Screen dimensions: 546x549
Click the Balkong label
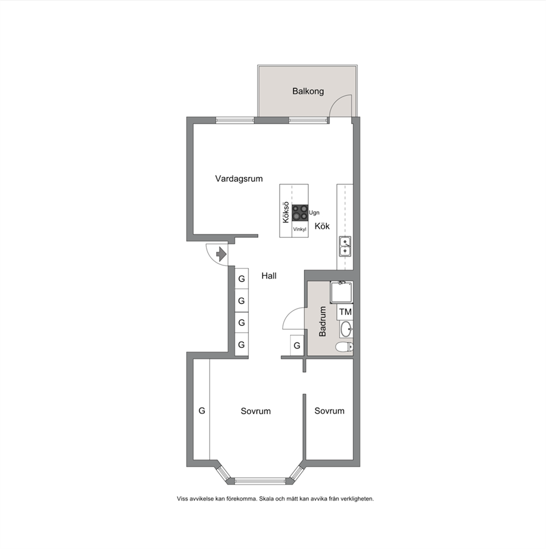pos(308,91)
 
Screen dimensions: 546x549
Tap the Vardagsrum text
pos(239,178)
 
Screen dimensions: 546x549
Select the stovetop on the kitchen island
pos(300,213)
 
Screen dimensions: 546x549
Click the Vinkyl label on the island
pos(299,229)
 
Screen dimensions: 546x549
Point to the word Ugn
pos(314,213)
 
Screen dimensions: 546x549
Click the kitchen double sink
pos(345,247)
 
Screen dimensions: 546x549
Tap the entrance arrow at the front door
pos(221,254)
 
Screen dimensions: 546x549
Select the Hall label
pos(269,276)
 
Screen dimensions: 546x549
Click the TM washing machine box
pos(345,312)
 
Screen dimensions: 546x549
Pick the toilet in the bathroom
pos(345,347)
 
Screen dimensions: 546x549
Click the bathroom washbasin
pos(346,329)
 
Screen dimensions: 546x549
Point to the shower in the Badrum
pos(342,292)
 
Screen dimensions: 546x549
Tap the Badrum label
pos(323,322)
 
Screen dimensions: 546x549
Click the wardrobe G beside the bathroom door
pos(297,346)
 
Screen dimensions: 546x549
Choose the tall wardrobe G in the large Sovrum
pos(201,410)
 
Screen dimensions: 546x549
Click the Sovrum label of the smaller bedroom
pos(329,411)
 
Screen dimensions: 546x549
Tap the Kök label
pos(322,226)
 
